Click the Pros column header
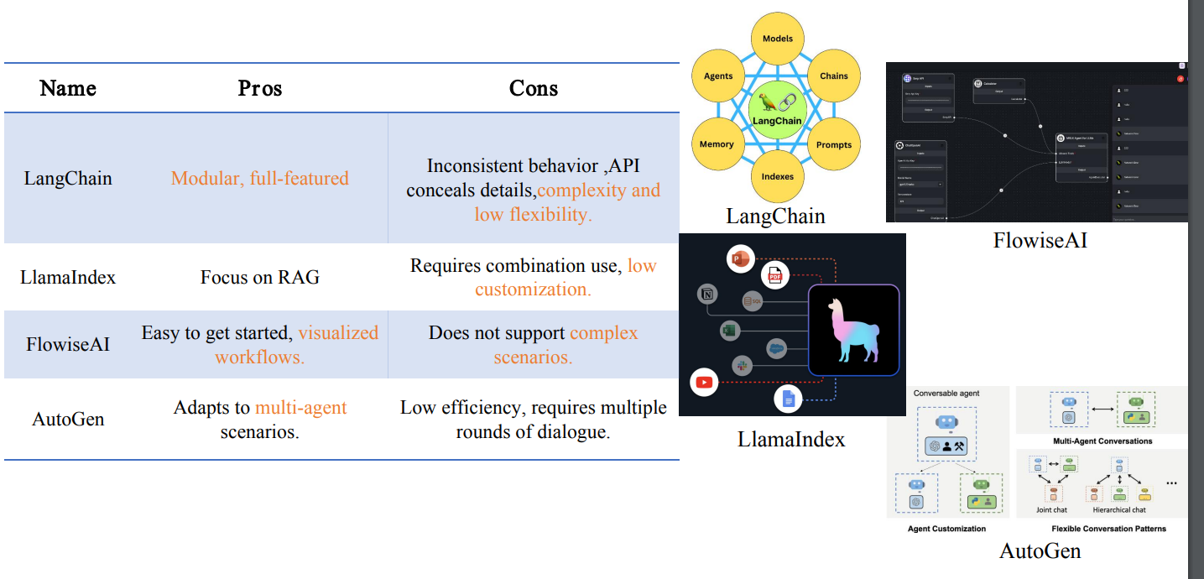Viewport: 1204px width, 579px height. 259,88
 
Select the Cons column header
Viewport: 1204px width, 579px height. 534,88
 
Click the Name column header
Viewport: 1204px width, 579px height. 68,88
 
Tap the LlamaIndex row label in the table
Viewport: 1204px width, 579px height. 68,277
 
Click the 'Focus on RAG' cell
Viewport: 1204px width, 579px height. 260,277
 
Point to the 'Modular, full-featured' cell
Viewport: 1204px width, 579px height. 260,178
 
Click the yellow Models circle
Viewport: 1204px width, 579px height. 778,39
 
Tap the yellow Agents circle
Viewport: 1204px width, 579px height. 718,76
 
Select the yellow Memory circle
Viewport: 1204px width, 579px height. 717,144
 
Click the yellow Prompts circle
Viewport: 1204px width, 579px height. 834,144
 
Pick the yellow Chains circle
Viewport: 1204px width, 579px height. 833,76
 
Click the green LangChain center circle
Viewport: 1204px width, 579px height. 777,109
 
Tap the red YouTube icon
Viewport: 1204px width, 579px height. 704,383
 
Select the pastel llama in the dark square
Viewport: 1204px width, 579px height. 853,329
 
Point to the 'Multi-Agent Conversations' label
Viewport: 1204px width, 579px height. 1102,441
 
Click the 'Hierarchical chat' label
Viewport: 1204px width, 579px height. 1120,509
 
